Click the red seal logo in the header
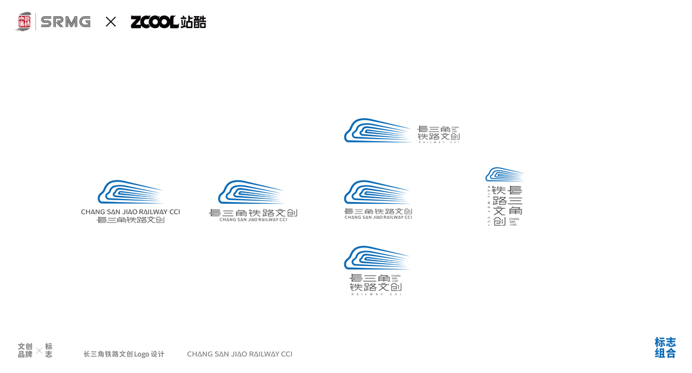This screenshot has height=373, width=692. click(x=24, y=22)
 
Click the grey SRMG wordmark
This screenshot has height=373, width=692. click(x=65, y=22)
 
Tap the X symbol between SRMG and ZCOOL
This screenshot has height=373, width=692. click(x=111, y=22)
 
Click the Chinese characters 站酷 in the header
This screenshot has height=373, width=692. click(x=193, y=22)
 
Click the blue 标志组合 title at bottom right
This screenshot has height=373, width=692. click(x=665, y=348)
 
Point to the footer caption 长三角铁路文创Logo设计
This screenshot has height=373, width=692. click(x=124, y=354)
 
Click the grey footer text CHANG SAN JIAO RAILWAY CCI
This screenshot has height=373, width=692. click(x=239, y=354)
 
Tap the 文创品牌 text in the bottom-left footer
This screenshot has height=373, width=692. click(x=25, y=350)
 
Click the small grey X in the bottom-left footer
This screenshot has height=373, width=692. click(x=39, y=351)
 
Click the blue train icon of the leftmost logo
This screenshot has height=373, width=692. click(x=130, y=192)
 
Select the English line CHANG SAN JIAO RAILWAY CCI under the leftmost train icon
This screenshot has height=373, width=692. click(x=130, y=212)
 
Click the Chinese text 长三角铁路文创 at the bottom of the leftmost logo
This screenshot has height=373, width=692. click(x=130, y=220)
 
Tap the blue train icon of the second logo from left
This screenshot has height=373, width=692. click(x=250, y=192)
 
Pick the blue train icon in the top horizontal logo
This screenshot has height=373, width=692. click(x=377, y=131)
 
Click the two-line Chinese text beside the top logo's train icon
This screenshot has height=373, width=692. click(x=439, y=132)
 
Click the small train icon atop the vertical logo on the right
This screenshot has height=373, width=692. click(x=504, y=174)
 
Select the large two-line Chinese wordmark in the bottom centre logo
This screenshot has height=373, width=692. click(x=375, y=282)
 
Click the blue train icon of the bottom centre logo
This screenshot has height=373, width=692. click(x=376, y=258)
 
